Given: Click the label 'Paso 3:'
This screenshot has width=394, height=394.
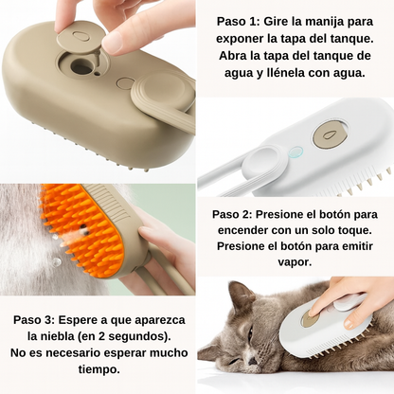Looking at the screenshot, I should pos(41,319).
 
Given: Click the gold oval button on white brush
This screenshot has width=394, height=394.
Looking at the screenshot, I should pos(330,134).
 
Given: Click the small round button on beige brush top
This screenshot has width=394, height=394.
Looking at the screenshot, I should pos(124,82).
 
